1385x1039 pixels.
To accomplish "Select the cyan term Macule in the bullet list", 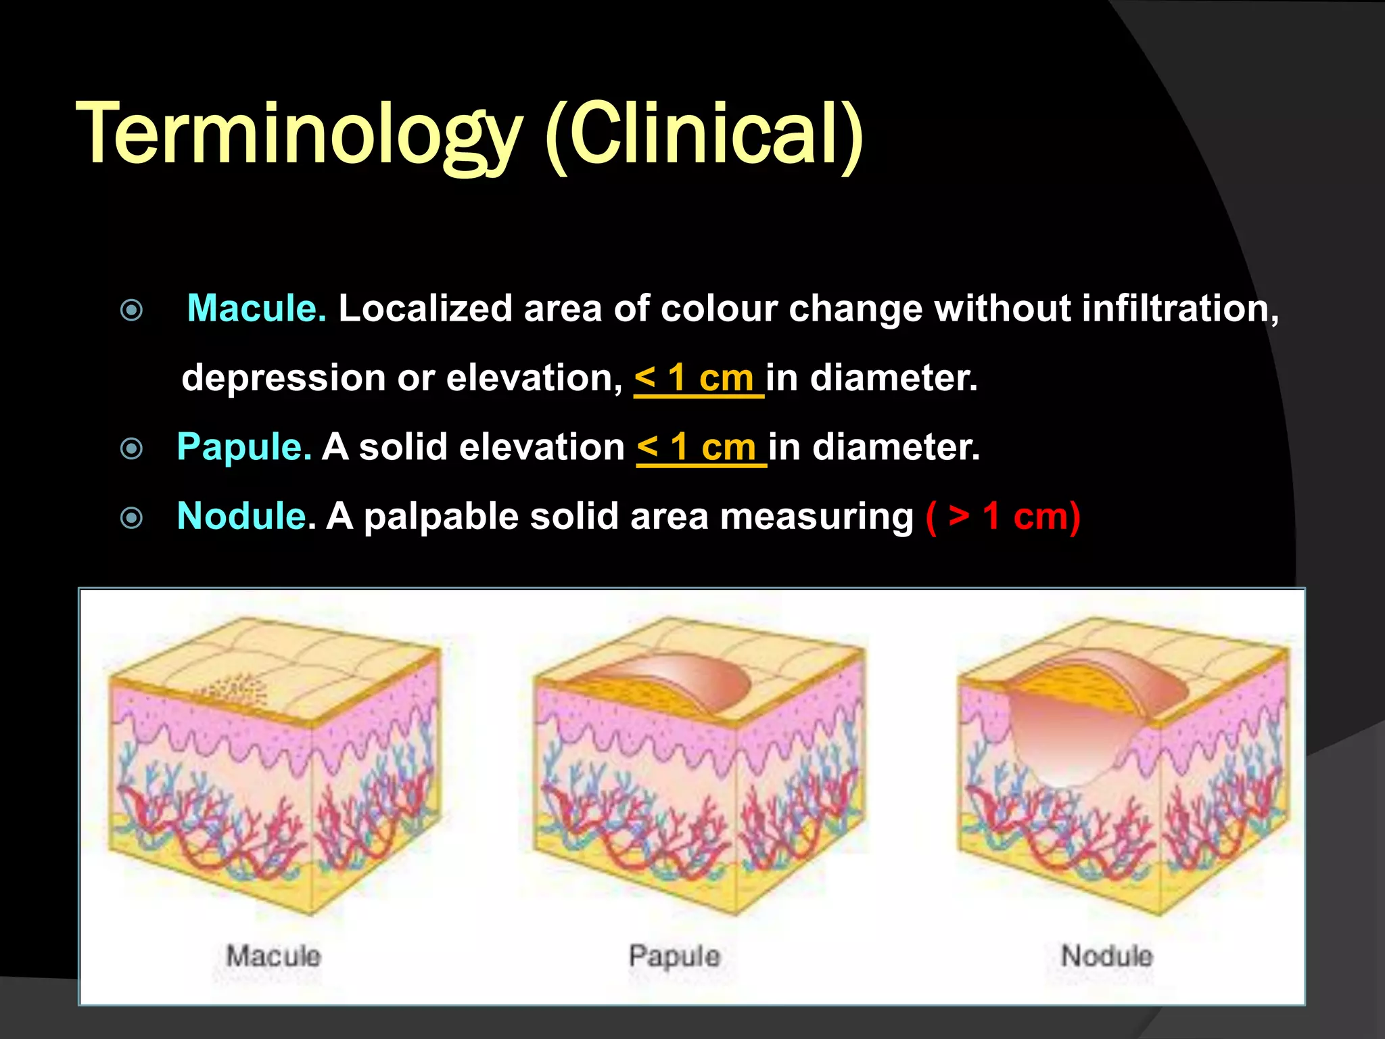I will coord(256,308).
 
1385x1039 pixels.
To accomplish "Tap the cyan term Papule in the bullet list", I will coord(243,447).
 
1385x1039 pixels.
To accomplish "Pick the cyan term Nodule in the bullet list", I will coord(241,516).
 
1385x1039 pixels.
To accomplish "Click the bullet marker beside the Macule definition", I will coord(131,310).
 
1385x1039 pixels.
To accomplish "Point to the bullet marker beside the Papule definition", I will coord(131,448).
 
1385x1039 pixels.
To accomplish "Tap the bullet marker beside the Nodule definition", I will coord(131,518).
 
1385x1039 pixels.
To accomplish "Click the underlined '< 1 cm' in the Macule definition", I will coord(697,378).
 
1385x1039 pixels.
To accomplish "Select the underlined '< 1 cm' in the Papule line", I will coord(699,448).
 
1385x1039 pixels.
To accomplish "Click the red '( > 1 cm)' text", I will coord(1002,517).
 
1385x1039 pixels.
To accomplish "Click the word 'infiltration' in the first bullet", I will coord(1179,308).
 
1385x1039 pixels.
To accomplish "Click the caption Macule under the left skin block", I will coord(273,956).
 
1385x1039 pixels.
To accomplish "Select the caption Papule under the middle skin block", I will coord(674,956).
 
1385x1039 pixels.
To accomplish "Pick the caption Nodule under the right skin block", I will coord(1106,956).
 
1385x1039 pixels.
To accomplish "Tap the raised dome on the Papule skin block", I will coord(683,683).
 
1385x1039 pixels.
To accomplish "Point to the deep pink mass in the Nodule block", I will coord(1062,737).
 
